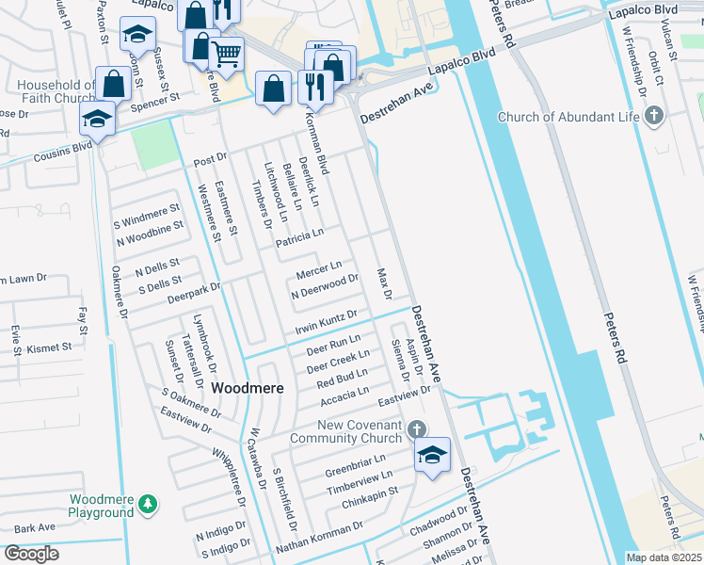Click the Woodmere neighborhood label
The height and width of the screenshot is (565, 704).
[244, 387]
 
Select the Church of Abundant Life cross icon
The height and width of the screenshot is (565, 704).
[655, 117]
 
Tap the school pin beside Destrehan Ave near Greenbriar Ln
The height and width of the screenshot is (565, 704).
[432, 456]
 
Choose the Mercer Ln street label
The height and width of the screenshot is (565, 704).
[318, 271]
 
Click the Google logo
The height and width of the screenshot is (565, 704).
[31, 554]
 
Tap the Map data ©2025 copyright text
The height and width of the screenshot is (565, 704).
[664, 557]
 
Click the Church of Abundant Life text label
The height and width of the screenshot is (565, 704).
[568, 117]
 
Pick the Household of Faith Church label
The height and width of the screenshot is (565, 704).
[56, 91]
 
